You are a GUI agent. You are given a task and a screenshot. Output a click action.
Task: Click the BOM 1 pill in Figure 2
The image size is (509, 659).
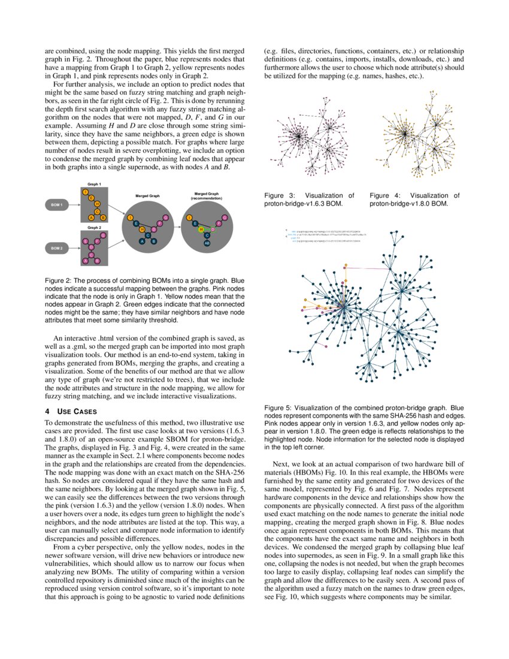click(x=57, y=205)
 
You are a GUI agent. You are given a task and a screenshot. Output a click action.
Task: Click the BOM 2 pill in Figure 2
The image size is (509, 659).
click(x=57, y=247)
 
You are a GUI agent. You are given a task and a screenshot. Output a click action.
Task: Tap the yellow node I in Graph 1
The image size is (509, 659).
click(x=86, y=191)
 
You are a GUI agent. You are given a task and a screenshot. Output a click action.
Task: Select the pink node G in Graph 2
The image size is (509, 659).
click(x=103, y=235)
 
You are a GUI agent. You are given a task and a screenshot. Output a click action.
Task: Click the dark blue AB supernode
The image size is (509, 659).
click(x=206, y=243)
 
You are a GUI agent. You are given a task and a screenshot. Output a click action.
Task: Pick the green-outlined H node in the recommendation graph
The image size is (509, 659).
click(x=202, y=229)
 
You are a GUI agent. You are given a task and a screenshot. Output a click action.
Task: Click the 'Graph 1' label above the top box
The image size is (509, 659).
click(x=94, y=184)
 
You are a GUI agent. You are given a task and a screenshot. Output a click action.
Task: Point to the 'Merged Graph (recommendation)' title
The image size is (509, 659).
click(x=206, y=196)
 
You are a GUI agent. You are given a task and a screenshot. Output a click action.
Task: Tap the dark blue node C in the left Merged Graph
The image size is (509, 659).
click(x=148, y=235)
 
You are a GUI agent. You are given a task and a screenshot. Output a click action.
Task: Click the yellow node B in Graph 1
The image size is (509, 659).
click(x=103, y=217)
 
